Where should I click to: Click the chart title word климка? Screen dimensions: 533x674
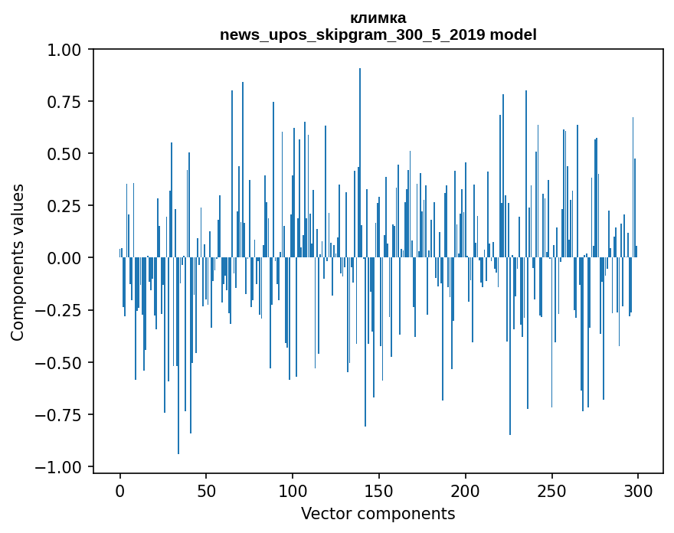tap(378, 18)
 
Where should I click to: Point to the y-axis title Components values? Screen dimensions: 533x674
tap(18, 262)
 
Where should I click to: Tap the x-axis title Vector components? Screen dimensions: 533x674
tap(378, 513)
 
